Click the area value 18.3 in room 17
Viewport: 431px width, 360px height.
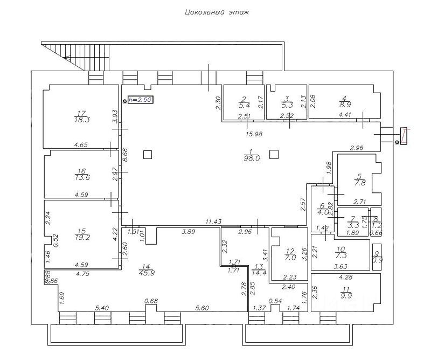[82, 120]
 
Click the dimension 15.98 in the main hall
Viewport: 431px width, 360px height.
[253, 134]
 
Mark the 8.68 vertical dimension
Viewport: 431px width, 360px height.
[125, 160]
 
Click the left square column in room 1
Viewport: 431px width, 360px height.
[148, 155]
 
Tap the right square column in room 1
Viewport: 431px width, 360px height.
[274, 154]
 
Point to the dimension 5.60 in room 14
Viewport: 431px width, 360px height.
[201, 308]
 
